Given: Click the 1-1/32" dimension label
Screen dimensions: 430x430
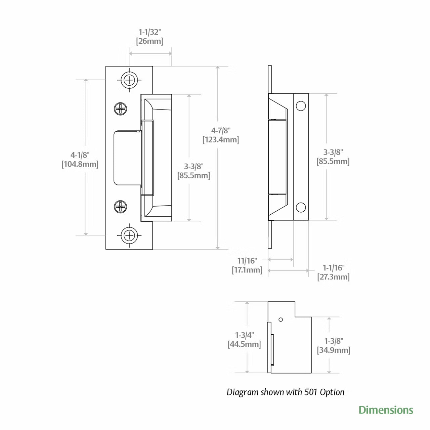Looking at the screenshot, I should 150,32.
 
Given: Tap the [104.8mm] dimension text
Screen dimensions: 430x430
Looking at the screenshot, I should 80,164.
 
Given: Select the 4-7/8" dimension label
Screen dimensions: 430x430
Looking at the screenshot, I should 221,131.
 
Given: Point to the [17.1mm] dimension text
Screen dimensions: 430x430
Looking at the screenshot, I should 247,270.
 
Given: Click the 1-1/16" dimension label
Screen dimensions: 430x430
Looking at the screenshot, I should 334,268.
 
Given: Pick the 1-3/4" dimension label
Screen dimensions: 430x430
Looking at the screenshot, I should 244,335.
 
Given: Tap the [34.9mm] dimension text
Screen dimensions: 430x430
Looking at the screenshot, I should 334,350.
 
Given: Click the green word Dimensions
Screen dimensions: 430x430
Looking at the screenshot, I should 386,410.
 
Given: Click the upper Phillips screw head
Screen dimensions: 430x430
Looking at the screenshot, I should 121,109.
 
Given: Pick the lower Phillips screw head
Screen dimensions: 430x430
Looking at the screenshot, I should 121,206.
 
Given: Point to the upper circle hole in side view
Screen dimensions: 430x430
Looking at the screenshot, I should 301,106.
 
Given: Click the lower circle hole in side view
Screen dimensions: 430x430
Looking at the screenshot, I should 301,207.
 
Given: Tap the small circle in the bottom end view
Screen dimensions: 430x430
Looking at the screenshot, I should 281,319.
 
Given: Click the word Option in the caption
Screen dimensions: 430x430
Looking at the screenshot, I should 332,392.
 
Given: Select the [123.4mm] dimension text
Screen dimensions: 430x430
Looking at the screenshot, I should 221,140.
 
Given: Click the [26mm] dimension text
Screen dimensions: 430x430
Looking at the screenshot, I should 150,41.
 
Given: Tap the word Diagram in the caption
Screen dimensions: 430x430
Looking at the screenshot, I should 243,392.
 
